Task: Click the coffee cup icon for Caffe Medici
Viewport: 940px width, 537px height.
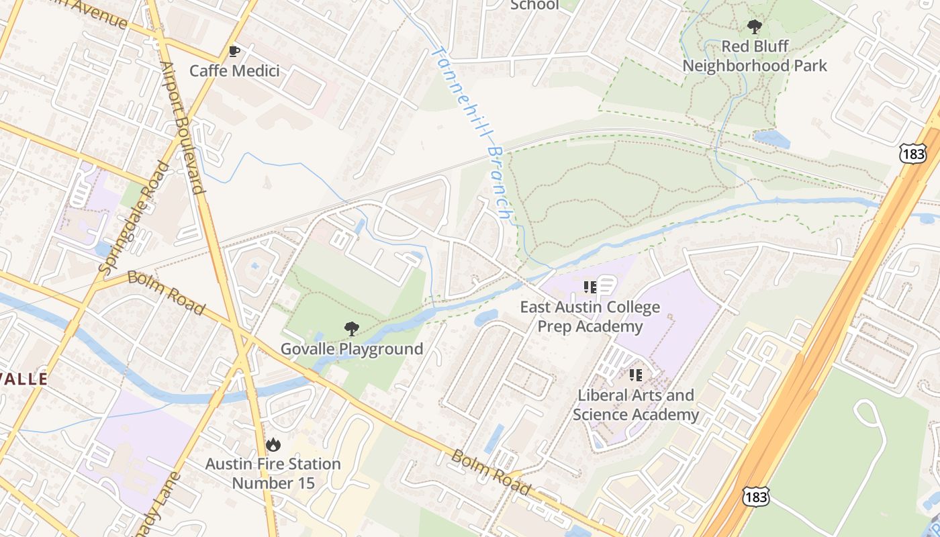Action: point(234,52)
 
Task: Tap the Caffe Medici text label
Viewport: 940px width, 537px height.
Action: point(234,70)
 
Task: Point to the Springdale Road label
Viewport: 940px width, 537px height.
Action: point(134,216)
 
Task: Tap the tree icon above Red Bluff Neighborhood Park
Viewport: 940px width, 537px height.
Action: point(755,28)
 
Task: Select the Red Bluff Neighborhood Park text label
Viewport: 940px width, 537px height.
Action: point(755,56)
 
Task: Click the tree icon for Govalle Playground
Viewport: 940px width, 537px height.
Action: point(351,329)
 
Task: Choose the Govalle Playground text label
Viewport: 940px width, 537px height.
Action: point(351,349)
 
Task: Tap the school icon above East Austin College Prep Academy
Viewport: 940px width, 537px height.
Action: point(590,288)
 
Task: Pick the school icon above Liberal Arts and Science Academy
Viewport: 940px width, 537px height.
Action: point(635,375)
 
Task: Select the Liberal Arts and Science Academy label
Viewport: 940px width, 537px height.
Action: point(635,405)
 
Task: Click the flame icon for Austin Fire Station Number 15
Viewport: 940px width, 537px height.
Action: point(273,444)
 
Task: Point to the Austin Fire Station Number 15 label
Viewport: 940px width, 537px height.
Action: point(273,473)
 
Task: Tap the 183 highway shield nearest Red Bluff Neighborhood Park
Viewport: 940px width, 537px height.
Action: point(912,154)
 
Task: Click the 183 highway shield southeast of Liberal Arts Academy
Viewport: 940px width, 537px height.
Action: point(755,497)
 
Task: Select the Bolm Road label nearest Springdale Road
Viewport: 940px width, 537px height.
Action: point(166,293)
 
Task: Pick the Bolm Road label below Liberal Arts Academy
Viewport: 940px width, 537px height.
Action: point(490,472)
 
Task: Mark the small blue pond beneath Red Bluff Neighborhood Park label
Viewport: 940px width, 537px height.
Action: point(771,139)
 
